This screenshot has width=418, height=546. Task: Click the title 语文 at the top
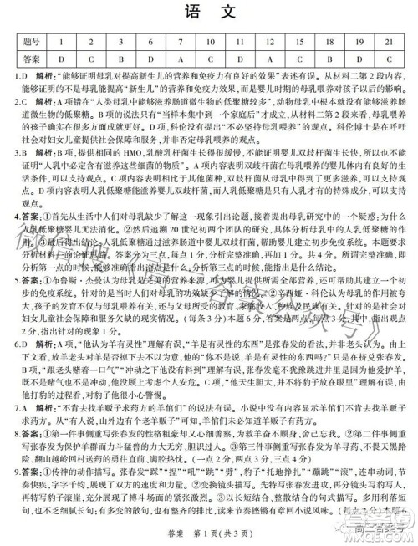[208, 12]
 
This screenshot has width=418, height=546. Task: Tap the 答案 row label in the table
[31, 59]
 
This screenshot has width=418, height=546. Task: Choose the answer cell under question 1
[61, 59]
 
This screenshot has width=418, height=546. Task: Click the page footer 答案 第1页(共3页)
[208, 535]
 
